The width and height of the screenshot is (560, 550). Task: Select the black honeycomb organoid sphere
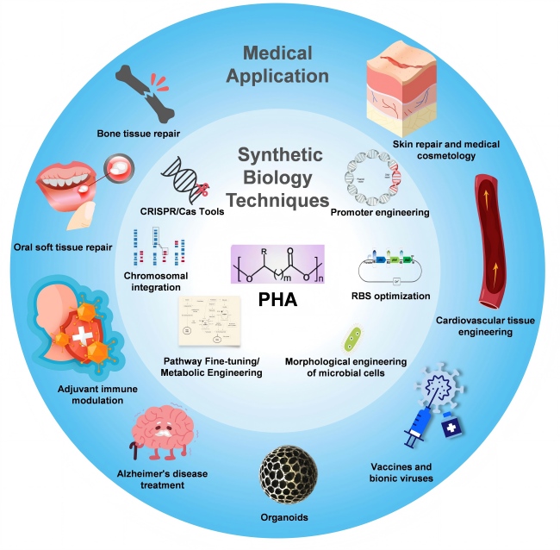click(284, 474)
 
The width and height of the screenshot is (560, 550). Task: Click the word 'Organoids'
click(283, 517)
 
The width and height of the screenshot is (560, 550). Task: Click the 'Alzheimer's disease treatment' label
click(163, 479)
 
